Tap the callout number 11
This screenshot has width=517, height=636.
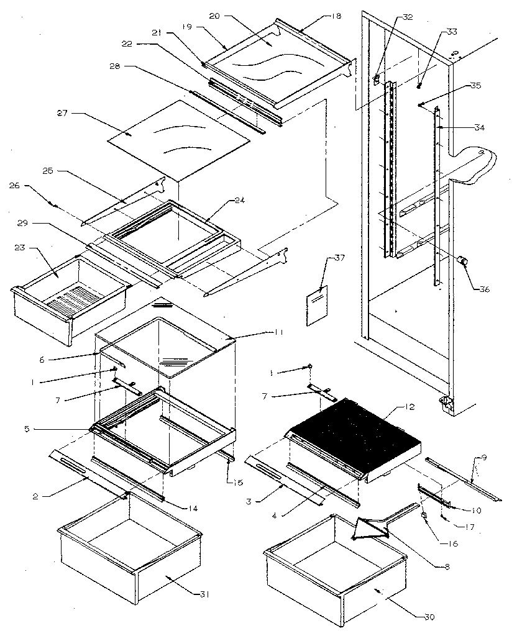tap(277, 332)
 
